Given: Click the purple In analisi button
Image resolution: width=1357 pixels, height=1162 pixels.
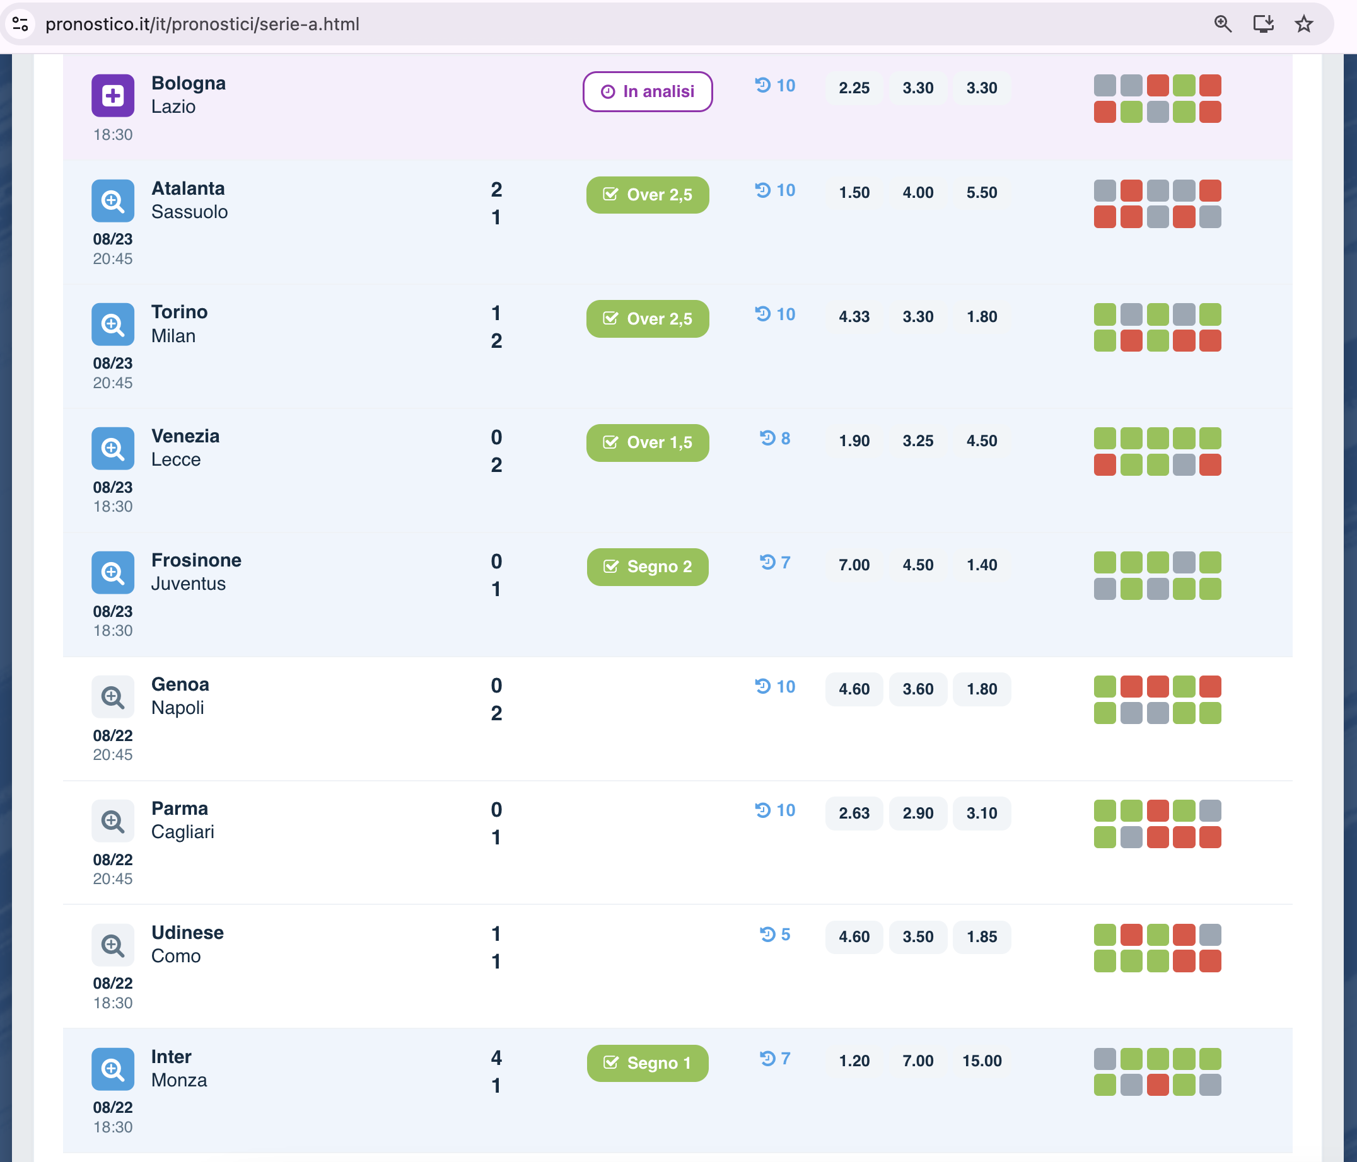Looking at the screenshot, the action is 647,91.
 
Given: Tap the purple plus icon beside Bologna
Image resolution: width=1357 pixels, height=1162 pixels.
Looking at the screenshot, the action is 113,96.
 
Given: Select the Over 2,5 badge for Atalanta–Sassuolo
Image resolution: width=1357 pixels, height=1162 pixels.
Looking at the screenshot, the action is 647,195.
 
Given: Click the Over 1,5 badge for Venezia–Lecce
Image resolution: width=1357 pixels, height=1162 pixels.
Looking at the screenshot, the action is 647,442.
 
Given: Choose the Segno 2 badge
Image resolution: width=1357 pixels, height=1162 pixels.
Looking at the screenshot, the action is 647,567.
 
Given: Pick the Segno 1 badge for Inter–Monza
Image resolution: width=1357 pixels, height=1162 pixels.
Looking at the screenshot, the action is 647,1063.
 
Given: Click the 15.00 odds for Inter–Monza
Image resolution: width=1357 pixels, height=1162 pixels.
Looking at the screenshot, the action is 982,1061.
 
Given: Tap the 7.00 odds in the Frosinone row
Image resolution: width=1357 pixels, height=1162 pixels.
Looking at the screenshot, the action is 854,565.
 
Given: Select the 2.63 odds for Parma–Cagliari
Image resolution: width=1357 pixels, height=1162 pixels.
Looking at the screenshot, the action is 854,813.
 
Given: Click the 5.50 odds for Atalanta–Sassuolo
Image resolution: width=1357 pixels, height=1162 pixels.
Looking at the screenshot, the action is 982,192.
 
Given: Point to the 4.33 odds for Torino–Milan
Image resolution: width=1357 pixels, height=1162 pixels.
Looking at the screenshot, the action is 854,316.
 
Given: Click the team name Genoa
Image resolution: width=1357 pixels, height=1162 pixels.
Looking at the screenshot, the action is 180,684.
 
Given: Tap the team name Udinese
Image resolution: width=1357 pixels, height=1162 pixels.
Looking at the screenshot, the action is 187,932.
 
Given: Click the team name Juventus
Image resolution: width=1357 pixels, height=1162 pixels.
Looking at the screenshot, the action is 189,584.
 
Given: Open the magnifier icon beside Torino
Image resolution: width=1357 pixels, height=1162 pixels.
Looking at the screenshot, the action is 113,324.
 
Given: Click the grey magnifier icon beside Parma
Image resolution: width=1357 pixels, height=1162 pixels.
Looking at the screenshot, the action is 113,821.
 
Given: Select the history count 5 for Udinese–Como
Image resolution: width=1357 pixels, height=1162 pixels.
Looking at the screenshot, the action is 776,934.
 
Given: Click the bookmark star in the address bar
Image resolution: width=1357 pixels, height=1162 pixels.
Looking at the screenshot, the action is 1303,24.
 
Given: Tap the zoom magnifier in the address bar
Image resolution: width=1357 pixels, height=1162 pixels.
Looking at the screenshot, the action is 1223,24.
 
